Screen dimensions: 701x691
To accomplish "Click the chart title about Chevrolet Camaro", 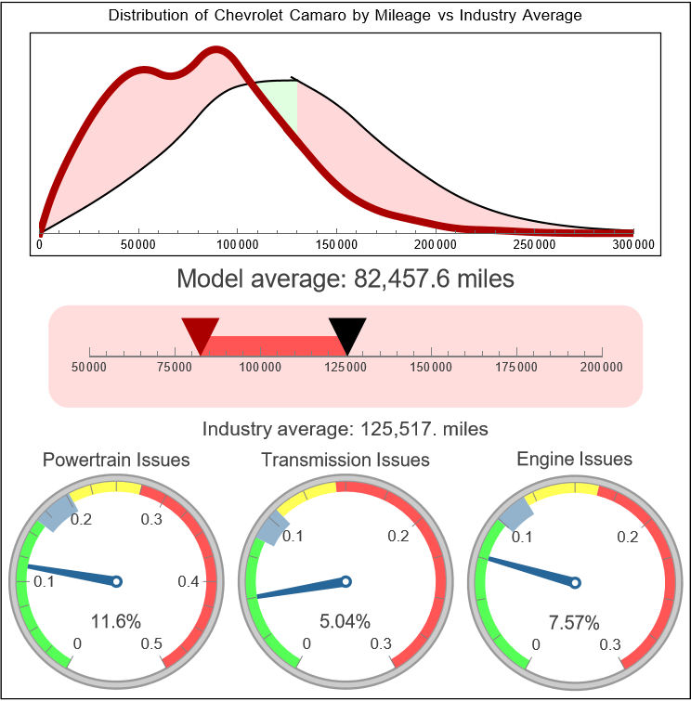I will click(x=345, y=16).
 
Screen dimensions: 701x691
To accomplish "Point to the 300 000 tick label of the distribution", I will click(x=633, y=244).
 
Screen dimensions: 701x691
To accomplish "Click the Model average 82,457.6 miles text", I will click(x=345, y=279).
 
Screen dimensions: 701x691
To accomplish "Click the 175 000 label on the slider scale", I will click(x=516, y=368).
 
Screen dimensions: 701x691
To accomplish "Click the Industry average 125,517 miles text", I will click(x=345, y=429).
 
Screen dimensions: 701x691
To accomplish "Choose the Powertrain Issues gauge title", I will click(x=116, y=460).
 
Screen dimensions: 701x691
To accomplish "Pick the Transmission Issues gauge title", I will click(x=345, y=460).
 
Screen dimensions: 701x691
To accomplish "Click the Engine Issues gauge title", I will click(x=574, y=459).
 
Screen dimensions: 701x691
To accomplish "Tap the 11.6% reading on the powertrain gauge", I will click(x=115, y=621).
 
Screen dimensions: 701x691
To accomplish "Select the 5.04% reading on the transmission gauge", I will click(x=345, y=621).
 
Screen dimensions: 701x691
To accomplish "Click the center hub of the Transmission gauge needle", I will click(x=345, y=582).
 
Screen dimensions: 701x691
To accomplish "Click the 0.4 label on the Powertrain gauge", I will click(x=188, y=582).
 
